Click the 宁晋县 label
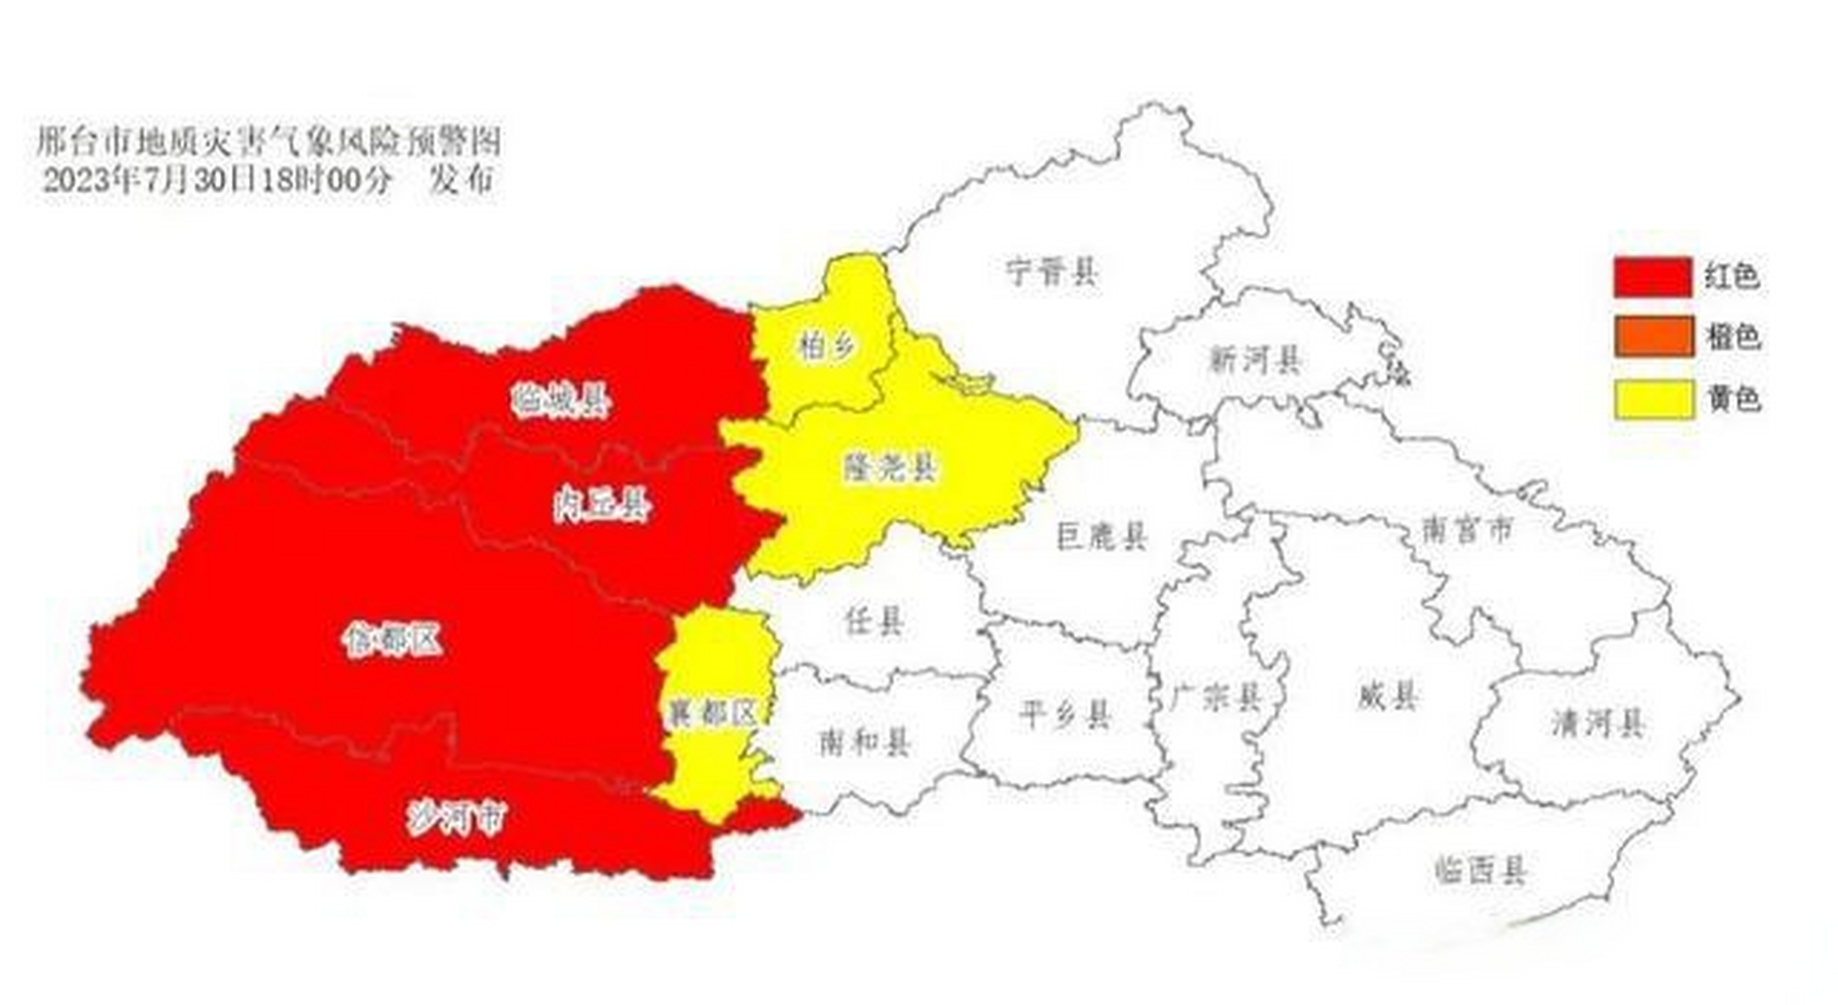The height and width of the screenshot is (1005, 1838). coord(1052,272)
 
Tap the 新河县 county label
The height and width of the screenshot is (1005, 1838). coord(1255,360)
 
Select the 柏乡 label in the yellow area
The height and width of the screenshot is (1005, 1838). coord(825,345)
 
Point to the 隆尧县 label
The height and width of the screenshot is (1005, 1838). coord(890,468)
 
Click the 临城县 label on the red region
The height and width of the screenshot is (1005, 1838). coord(560,401)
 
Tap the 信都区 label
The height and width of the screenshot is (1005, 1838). coord(393,641)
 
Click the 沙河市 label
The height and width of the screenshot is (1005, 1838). coord(456,820)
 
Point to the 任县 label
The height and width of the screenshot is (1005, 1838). coord(874,621)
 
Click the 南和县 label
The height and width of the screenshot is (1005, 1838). coord(864,742)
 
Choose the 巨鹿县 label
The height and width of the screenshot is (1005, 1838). coord(1102,536)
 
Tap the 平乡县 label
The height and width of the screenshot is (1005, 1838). coord(1065,715)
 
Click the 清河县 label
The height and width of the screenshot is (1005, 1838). coord(1598,723)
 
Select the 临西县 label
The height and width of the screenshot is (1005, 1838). coord(1480,871)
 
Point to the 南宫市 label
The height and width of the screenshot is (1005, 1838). coord(1467,531)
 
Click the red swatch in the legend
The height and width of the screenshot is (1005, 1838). coord(1653,277)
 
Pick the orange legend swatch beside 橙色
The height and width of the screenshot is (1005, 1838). coord(1653,337)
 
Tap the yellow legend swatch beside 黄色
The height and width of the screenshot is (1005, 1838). coord(1653,400)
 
